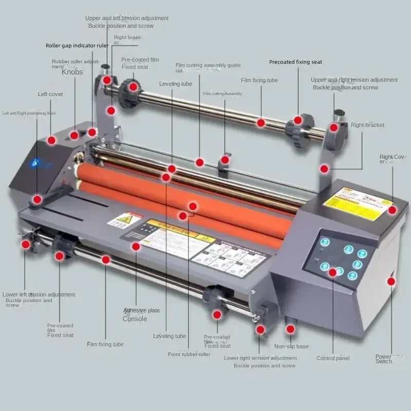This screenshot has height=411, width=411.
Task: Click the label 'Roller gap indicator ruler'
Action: [77, 45]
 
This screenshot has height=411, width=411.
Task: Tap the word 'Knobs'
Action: [72, 72]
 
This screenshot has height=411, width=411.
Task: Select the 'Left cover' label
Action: [50, 95]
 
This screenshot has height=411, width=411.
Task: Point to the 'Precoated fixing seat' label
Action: [295, 62]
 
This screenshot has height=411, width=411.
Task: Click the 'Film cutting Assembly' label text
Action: [222, 94]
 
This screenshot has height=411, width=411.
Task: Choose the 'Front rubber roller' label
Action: [189, 354]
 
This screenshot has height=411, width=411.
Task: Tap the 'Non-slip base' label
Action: [291, 346]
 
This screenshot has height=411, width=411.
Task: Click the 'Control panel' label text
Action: [333, 358]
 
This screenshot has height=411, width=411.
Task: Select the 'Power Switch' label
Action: [383, 359]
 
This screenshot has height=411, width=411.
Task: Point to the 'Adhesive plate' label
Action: [141, 311]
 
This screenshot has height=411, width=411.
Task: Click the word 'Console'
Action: [135, 319]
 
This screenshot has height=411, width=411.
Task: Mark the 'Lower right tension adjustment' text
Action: [260, 358]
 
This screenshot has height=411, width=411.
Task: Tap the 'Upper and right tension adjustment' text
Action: [354, 80]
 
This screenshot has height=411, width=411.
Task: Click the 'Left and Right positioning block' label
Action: [29, 113]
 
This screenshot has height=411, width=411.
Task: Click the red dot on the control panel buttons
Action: [332, 271]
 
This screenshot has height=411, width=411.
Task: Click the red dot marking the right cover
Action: [392, 210]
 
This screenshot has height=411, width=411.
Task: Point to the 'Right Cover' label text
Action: [393, 159]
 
